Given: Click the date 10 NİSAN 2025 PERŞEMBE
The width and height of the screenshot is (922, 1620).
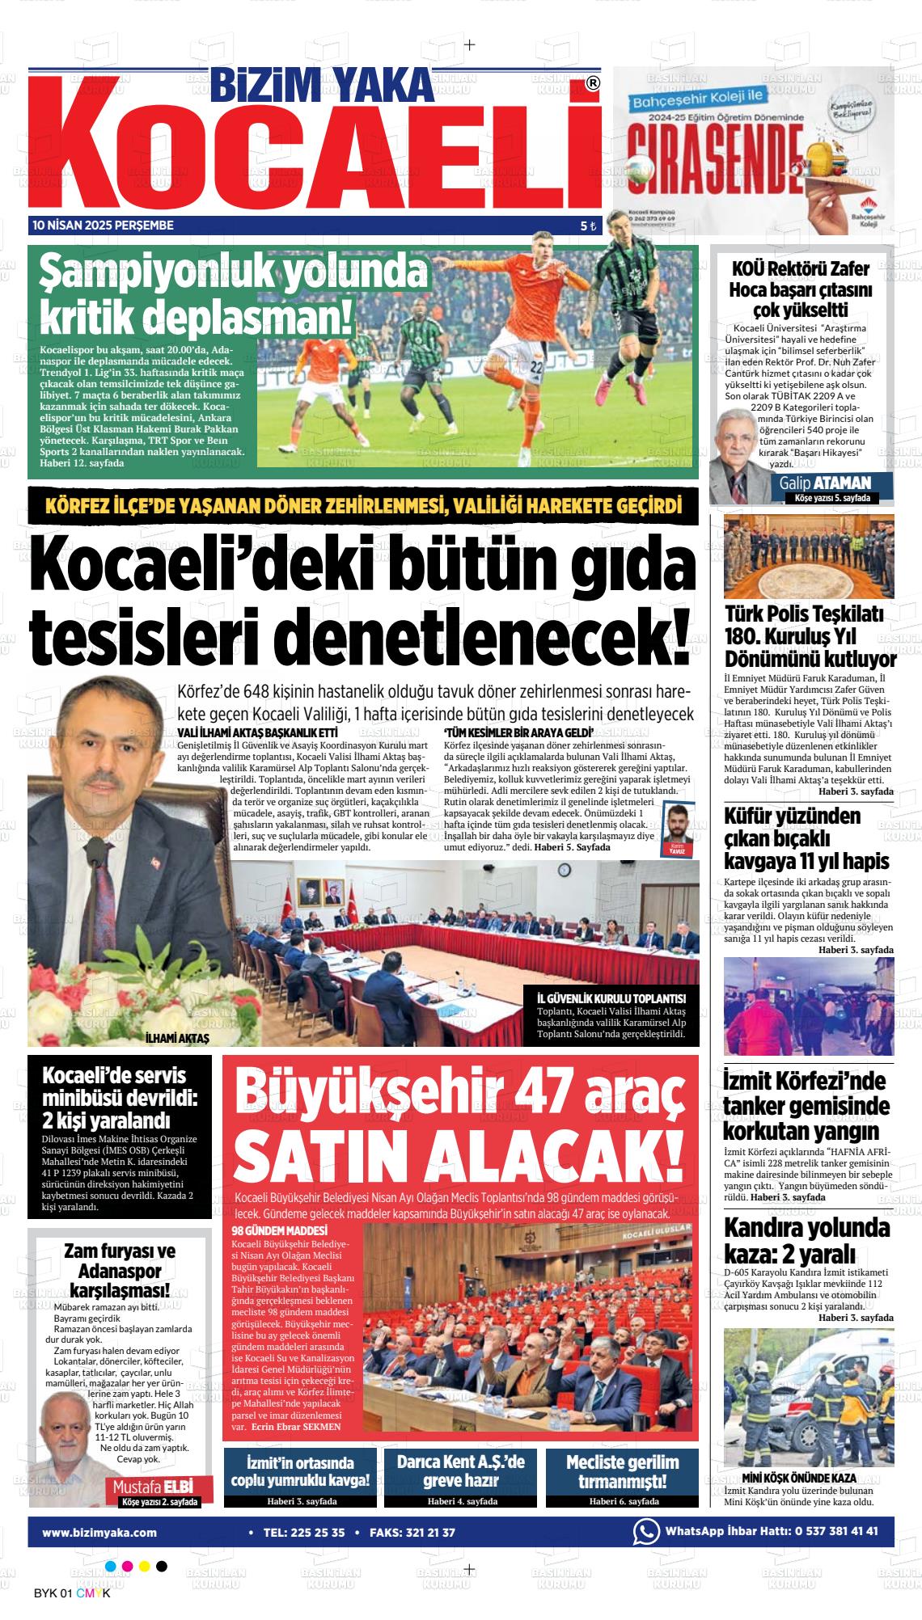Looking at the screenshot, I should [103, 226].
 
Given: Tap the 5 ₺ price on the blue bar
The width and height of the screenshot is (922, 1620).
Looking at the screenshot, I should [588, 226].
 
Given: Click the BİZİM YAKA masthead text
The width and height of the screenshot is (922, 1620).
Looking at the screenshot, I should [321, 85].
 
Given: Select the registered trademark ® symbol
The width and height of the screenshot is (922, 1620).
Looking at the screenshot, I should [593, 83].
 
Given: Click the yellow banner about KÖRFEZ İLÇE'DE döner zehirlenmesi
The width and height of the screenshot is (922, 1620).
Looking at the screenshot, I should [363, 507].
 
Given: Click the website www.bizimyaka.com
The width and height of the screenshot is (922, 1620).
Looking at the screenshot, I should [99, 1532].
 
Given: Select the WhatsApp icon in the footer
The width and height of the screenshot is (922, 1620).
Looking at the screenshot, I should [646, 1531].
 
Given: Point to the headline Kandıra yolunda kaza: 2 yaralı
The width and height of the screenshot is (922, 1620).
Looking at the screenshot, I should [806, 1240].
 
